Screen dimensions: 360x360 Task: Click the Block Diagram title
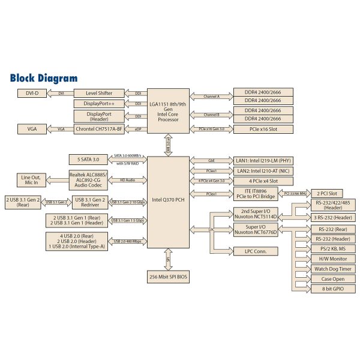[44, 78]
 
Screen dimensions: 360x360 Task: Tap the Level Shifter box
[100, 93]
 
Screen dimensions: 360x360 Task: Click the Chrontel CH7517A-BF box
[100, 128]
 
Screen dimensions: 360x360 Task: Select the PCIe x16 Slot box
[263, 128]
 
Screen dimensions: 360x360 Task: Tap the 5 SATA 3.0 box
[88, 160]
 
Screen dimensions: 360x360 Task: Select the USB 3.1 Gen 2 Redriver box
[89, 202]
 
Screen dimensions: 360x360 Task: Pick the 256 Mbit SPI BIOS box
[168, 277]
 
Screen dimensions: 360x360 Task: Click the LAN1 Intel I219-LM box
[263, 160]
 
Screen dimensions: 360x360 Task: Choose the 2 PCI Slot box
[327, 194]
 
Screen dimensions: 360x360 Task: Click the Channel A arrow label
[211, 96]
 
